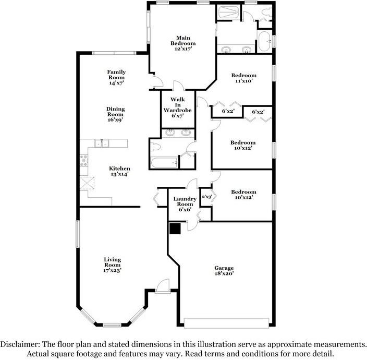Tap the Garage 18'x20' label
pyautogui.click(x=224, y=271)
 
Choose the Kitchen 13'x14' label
pyautogui.click(x=119, y=171)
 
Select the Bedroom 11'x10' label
pyautogui.click(x=243, y=78)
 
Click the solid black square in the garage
pyautogui.click(x=175, y=229)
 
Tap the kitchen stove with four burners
pyautogui.click(x=84, y=161)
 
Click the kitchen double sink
pyautogui.click(x=102, y=143)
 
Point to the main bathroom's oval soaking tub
pyautogui.click(x=264, y=41)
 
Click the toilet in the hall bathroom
pyautogui.click(x=155, y=147)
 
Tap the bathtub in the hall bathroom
pyautogui.click(x=164, y=163)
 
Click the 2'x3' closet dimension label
pyautogui.click(x=206, y=197)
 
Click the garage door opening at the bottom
pyautogui.click(x=226, y=323)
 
